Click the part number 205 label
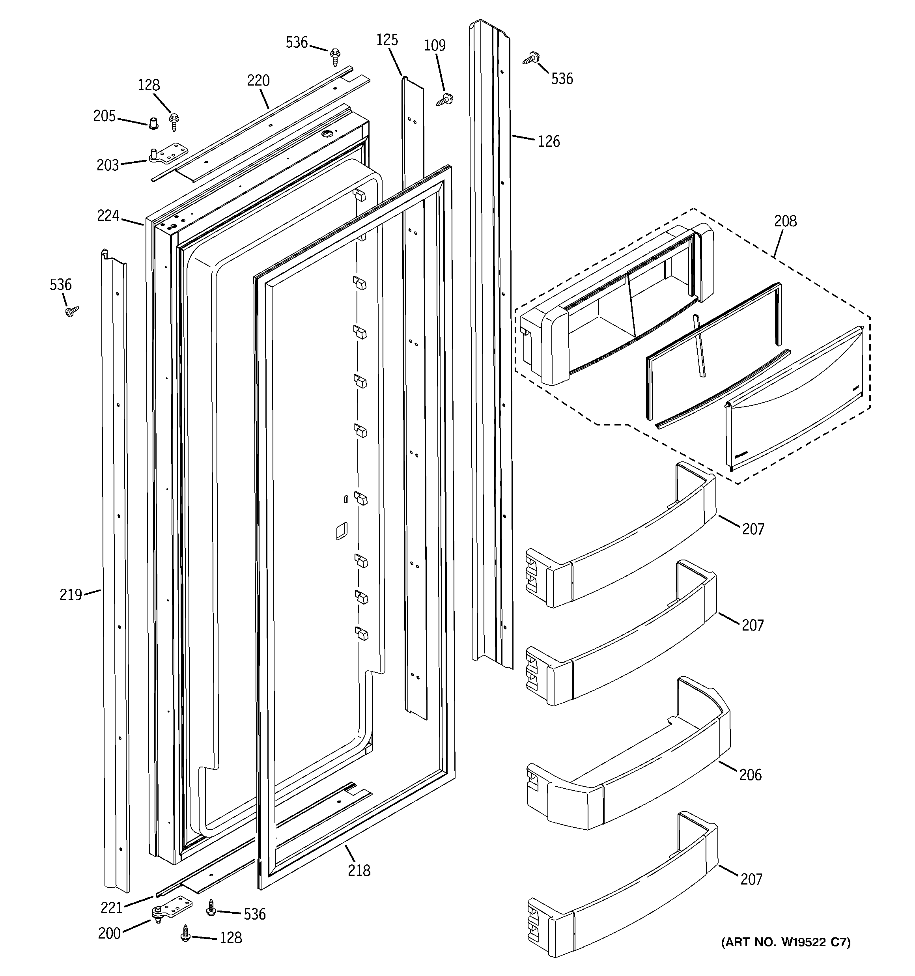point(104,116)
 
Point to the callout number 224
point(108,216)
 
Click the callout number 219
point(70,595)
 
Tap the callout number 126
point(549,142)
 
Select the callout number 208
point(785,221)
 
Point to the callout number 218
point(359,870)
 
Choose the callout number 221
point(112,908)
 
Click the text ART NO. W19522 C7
point(785,942)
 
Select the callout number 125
point(387,40)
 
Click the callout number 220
point(258,80)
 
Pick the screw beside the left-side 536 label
point(72,311)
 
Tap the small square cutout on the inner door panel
point(341,531)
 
